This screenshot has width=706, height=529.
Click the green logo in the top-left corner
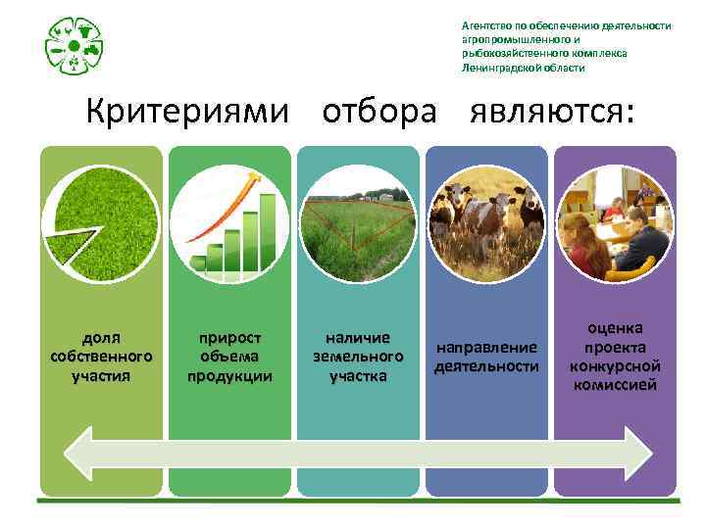75,46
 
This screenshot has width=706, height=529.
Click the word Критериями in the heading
187,112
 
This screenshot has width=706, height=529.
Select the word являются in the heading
550,112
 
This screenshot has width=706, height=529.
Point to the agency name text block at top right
566,47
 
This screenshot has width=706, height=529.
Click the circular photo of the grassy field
358,224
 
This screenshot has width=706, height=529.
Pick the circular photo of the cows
486,224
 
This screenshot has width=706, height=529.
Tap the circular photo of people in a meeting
615,224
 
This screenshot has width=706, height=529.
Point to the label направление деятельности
486,357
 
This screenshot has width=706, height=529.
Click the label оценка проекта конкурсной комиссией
615,357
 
